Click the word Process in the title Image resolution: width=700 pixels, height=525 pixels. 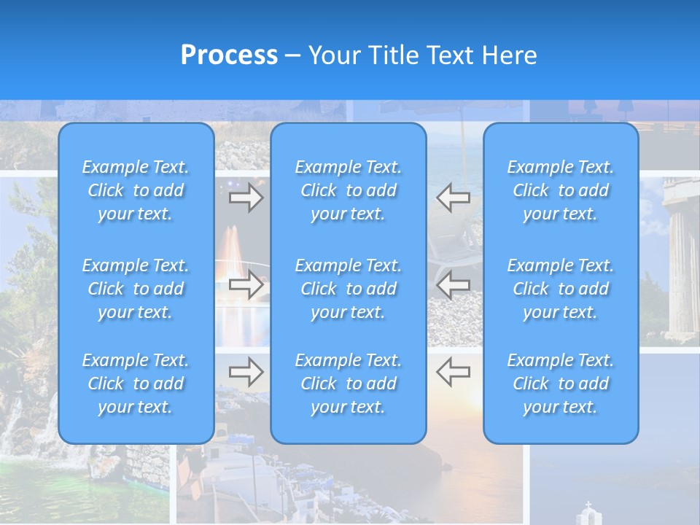pos(229,55)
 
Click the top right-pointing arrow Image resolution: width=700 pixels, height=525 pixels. pos(246,198)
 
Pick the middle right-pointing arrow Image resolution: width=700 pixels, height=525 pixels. pos(246,284)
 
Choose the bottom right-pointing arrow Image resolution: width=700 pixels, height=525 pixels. pos(246,372)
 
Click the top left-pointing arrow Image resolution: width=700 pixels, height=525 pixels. pos(453,197)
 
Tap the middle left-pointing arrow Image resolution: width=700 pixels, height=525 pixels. pos(453,284)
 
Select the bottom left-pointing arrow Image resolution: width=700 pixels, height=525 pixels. pos(453,372)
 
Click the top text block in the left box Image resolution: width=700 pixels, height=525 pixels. pos(136,190)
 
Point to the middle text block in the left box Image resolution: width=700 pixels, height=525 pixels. pos(136,289)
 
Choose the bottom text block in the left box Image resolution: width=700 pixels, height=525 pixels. pos(136,384)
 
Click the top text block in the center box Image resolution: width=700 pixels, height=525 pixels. pos(349,190)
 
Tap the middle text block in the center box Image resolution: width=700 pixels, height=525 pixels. pos(349,289)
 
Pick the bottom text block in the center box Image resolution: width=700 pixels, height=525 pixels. pos(349,384)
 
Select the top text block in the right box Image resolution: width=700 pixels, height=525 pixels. pos(561,190)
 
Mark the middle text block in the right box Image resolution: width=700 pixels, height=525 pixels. pos(561,289)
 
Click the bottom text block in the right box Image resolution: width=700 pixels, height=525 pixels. pos(561,384)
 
